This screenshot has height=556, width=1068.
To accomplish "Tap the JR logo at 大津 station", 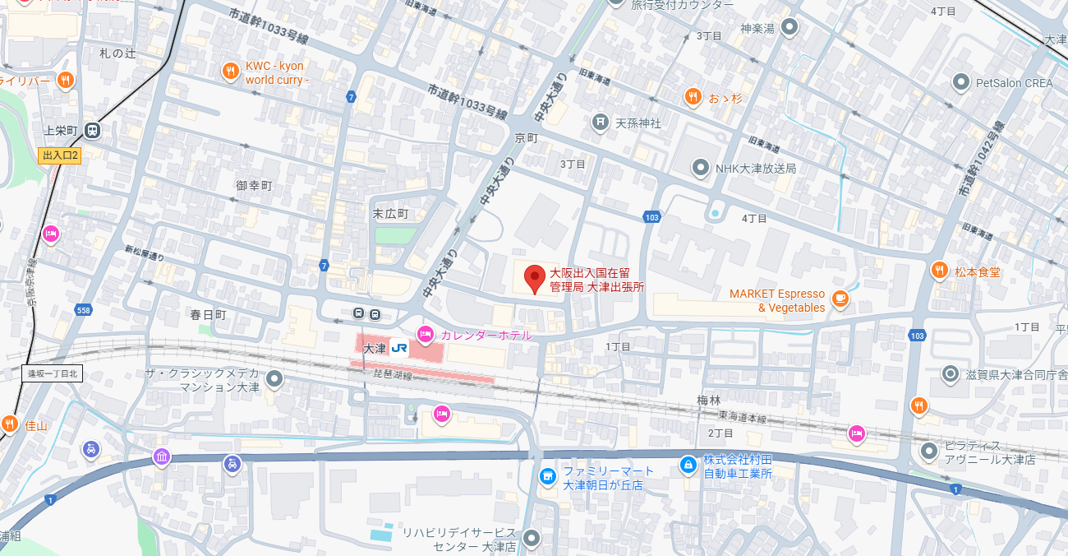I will click(x=399, y=348).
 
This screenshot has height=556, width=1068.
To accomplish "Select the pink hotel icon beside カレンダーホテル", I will click(x=426, y=334).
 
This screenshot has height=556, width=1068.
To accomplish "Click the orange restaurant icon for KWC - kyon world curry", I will click(x=231, y=72).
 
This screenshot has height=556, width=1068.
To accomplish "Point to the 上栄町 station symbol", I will click(x=92, y=131).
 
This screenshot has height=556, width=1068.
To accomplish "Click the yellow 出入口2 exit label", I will click(x=60, y=155).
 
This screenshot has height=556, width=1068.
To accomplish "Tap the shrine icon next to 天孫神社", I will click(x=601, y=123).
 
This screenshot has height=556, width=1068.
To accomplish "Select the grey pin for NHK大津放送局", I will click(x=700, y=168).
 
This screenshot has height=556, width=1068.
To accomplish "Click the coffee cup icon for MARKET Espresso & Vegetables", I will click(x=840, y=299).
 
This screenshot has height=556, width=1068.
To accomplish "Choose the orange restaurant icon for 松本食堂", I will click(x=939, y=271).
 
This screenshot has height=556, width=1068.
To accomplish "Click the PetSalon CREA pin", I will click(x=960, y=82).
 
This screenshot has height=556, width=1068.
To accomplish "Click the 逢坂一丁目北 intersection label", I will click(x=53, y=373).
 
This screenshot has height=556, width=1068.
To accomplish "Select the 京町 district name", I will click(x=526, y=137).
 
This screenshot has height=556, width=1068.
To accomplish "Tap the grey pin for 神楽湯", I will click(x=789, y=28).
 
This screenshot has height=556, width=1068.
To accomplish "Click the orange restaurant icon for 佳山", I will click(x=10, y=424).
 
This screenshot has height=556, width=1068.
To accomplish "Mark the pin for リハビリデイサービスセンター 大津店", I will click(x=532, y=539).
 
